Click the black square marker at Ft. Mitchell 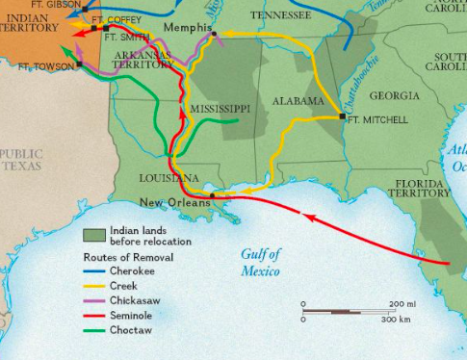point(342,116)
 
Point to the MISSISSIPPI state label point(221,110)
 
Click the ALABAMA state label point(292,99)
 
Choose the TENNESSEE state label point(281,16)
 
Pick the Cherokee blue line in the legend point(93,271)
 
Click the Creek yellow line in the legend point(93,286)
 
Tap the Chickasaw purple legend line point(93,300)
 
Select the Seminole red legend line point(93,315)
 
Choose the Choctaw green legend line point(93,329)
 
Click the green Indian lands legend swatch point(93,235)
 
